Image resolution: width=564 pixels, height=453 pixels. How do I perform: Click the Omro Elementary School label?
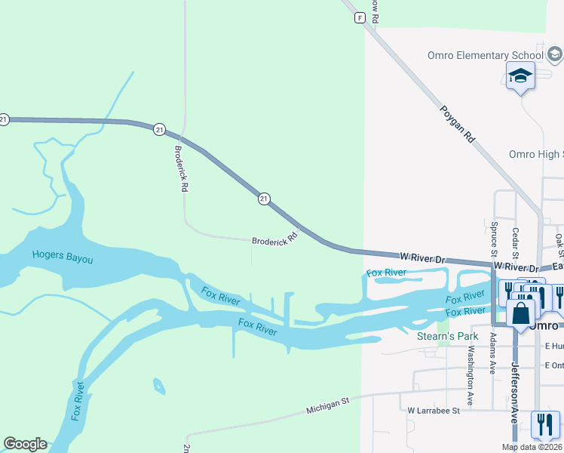click(485, 55)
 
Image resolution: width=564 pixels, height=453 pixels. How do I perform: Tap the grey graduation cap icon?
click(555, 54)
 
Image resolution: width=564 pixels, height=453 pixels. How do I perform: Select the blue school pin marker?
click(520, 76)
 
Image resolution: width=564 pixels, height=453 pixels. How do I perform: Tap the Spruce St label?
click(494, 235)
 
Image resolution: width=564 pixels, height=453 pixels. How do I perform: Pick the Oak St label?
click(559, 244)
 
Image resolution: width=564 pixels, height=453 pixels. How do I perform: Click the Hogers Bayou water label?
click(63, 257)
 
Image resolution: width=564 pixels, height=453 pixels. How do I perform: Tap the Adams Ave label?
click(493, 352)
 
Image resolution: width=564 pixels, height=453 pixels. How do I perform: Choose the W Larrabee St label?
click(434, 411)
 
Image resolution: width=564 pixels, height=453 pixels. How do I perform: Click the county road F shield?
click(360, 17)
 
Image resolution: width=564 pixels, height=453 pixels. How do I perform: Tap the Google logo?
click(25, 444)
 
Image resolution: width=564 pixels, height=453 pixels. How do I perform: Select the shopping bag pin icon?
click(521, 313)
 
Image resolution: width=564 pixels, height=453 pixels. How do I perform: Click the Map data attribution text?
click(532, 447)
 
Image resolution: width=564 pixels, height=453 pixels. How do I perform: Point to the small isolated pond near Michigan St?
click(158, 387)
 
